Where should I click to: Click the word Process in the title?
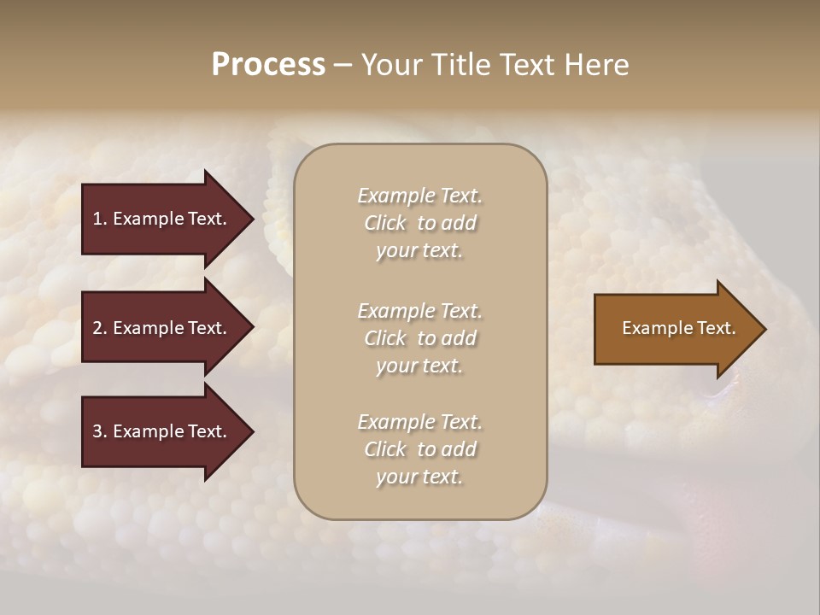click(268, 65)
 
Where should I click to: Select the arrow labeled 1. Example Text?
click(162, 219)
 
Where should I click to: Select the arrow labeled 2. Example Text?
click(162, 328)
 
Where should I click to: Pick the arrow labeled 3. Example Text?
click(162, 431)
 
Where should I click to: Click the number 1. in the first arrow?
click(100, 219)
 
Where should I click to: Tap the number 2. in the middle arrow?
click(100, 328)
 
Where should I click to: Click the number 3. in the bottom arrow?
click(100, 431)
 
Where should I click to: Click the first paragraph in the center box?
click(419, 223)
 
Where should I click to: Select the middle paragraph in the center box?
click(419, 338)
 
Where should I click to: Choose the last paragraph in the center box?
click(419, 449)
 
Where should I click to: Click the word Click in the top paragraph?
click(384, 223)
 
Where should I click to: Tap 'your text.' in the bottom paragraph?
click(419, 477)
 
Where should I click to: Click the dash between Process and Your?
click(343, 66)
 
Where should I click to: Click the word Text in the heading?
click(527, 65)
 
